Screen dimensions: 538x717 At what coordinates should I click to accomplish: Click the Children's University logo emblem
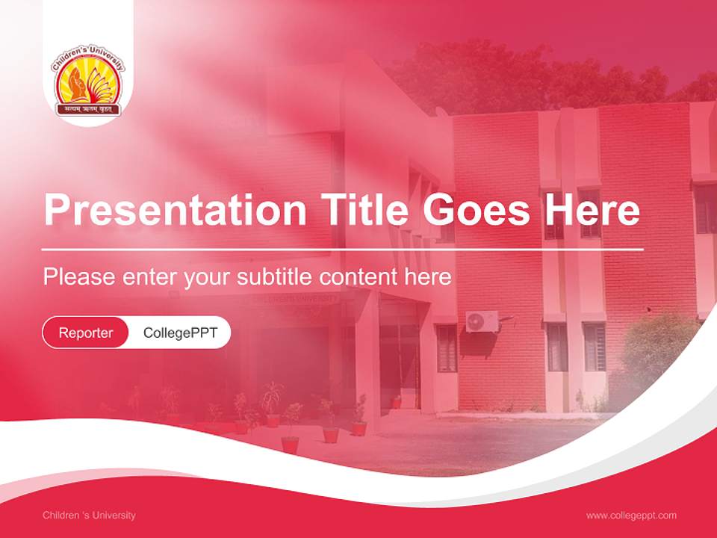pyautogui.click(x=88, y=82)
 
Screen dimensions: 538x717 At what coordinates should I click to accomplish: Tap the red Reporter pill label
pyautogui.click(x=86, y=333)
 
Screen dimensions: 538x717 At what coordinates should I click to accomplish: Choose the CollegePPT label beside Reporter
pyautogui.click(x=180, y=333)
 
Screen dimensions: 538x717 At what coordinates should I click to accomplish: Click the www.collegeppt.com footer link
pyautogui.click(x=631, y=515)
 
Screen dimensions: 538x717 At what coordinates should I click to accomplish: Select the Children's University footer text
pyautogui.click(x=89, y=515)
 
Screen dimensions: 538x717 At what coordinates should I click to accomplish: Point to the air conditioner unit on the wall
pyautogui.click(x=482, y=321)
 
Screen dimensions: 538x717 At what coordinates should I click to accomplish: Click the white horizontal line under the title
pyautogui.click(x=342, y=249)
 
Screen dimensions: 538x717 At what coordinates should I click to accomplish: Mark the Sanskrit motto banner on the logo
pyautogui.click(x=88, y=109)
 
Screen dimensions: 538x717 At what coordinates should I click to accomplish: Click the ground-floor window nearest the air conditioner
pyautogui.click(x=447, y=347)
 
